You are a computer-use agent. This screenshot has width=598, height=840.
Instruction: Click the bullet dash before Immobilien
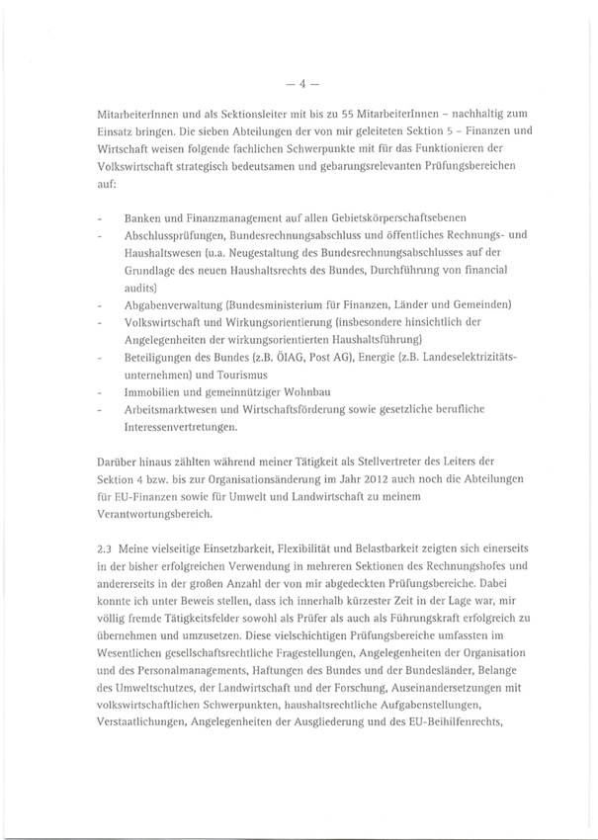pos(102,392)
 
